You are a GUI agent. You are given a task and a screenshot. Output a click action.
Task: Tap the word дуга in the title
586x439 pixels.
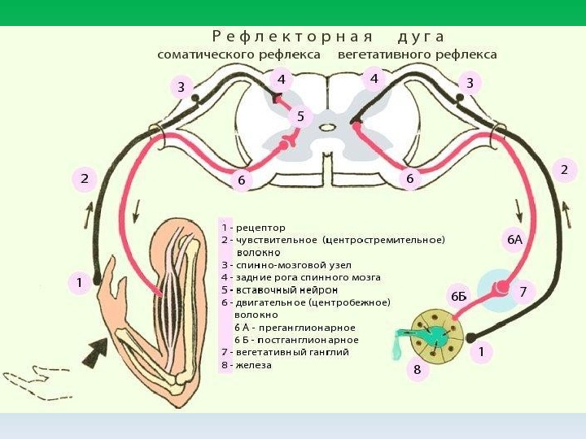pyautogui.click(x=422, y=37)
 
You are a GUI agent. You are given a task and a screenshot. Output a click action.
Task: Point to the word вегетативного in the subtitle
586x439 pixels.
pyautogui.click(x=387, y=54)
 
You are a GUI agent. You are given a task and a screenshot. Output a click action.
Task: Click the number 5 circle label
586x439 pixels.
pyautogui.click(x=300, y=117)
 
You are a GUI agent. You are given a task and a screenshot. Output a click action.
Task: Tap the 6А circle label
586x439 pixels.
pyautogui.click(x=514, y=241)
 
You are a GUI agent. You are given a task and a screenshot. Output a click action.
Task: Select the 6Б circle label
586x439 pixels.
pyautogui.click(x=459, y=295)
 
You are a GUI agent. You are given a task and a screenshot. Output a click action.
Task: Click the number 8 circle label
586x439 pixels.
pyautogui.click(x=418, y=370)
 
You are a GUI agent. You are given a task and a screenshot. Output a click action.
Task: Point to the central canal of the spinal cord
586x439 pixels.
pyautogui.click(x=326, y=127)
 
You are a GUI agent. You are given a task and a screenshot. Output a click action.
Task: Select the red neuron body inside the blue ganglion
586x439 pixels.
pyautogui.click(x=504, y=286)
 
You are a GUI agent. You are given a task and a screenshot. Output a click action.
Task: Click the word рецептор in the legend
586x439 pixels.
pyautogui.click(x=260, y=228)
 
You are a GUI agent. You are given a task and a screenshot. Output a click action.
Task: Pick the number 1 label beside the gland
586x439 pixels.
pyautogui.click(x=482, y=352)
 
